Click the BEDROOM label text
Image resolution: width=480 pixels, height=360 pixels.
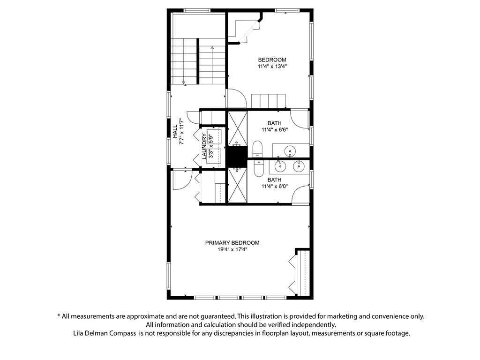(272, 60)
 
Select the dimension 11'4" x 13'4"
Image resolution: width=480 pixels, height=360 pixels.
(272, 67)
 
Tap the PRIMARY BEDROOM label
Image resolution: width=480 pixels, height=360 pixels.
(232, 243)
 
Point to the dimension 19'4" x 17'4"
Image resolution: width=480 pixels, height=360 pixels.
(232, 250)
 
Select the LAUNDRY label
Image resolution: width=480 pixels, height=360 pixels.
(204, 146)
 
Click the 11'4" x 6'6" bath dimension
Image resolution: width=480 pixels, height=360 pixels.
(274, 130)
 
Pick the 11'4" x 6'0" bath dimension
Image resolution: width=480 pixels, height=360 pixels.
(274, 187)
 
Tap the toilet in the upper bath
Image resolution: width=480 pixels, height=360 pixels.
(258, 149)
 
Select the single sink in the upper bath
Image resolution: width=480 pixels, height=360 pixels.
(291, 151)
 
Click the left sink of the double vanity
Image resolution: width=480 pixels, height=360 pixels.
(281, 165)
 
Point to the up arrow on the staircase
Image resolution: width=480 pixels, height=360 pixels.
(212, 48)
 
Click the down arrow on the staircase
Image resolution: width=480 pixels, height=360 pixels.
(184, 82)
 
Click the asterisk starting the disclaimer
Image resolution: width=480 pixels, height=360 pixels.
(59, 316)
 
